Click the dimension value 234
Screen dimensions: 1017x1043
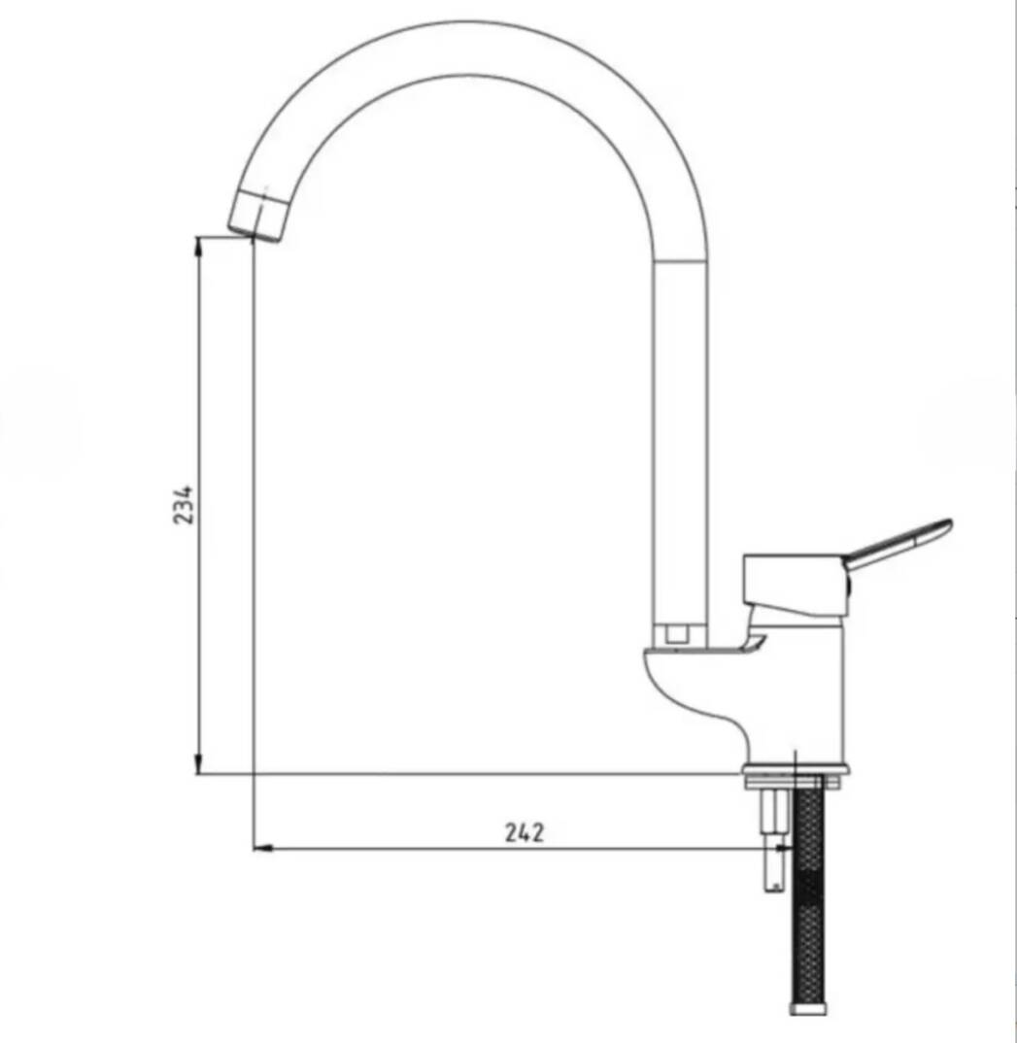pyautogui.click(x=183, y=504)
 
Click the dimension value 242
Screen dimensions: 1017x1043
pyautogui.click(x=525, y=833)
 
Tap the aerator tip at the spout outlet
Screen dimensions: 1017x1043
pyautogui.click(x=257, y=215)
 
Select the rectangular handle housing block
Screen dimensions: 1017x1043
pyautogui.click(x=796, y=584)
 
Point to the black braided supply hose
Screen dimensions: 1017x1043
pyautogui.click(x=809, y=892)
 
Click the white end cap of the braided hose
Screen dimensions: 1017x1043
pyautogui.click(x=809, y=1009)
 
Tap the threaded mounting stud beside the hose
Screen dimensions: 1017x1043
pyautogui.click(x=773, y=839)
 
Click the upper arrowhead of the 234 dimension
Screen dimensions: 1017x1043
pyautogui.click(x=197, y=248)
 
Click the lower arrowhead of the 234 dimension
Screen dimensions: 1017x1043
pyautogui.click(x=197, y=762)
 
